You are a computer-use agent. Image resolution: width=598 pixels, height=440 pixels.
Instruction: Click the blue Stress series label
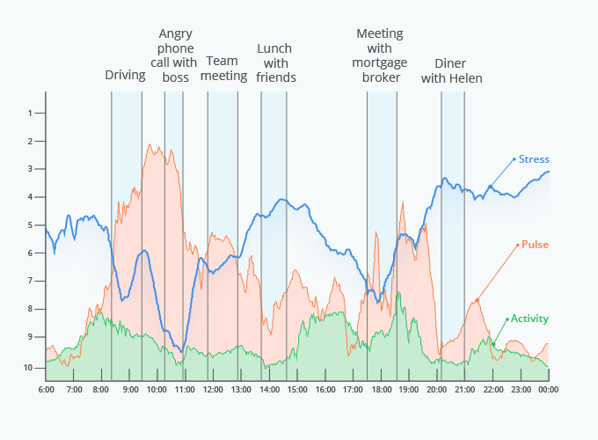(x=534, y=159)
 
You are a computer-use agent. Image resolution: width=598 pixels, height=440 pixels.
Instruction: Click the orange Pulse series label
(x=535, y=244)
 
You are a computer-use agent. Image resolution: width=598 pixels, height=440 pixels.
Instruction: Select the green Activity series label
(x=529, y=319)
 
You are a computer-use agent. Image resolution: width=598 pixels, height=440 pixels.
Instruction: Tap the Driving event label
(x=125, y=75)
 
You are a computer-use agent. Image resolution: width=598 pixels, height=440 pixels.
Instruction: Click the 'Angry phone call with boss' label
(x=176, y=55)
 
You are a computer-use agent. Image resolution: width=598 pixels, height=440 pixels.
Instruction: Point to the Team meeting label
(x=223, y=69)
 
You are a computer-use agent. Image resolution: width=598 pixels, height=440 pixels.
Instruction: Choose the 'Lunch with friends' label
(x=275, y=62)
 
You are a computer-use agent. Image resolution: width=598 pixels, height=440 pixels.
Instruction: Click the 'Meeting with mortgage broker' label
(x=380, y=55)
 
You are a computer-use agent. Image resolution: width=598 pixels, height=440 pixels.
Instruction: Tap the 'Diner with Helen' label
(x=451, y=70)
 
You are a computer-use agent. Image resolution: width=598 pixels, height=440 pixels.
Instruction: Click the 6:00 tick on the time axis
(x=47, y=389)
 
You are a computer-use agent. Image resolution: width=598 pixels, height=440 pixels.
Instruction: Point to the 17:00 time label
(x=354, y=389)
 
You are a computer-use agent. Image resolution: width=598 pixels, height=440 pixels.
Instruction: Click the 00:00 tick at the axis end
(x=549, y=389)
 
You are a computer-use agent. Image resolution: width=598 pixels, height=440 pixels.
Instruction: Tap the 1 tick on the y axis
(x=30, y=113)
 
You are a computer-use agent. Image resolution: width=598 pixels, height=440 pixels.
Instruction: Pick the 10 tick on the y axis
(x=28, y=367)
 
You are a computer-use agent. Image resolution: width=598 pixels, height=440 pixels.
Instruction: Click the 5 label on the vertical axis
(x=30, y=225)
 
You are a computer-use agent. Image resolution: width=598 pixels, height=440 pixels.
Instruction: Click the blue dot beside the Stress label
(x=514, y=159)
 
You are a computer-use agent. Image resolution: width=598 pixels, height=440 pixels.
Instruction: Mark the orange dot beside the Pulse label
(x=517, y=244)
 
